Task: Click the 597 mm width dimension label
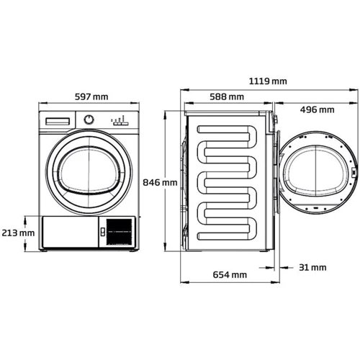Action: click(91, 96)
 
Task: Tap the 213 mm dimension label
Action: click(18, 233)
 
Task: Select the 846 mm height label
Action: click(160, 182)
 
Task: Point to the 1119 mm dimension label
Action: click(268, 81)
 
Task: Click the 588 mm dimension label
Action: click(227, 96)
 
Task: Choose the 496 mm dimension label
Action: click(317, 109)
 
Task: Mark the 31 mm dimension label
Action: click(312, 267)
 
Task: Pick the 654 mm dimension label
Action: click(230, 274)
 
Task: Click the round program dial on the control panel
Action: click(89, 120)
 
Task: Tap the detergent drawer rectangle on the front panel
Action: click(58, 122)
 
